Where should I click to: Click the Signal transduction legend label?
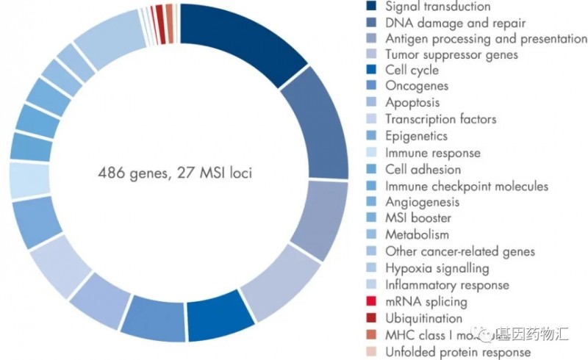[437, 7]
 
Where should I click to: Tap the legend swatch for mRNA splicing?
[371, 302]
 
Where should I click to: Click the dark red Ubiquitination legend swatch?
[371, 319]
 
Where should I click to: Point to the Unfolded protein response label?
[458, 352]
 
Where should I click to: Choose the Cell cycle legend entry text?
[412, 71]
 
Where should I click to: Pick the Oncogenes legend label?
[417, 86]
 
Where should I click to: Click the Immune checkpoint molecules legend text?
[467, 186]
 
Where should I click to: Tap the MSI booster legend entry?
[418, 218]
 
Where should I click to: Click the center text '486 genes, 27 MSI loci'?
[180, 173]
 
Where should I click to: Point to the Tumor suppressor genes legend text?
[451, 54]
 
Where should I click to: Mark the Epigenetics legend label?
[416, 136]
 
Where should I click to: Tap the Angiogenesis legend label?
[423, 201]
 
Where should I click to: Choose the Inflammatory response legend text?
[447, 284]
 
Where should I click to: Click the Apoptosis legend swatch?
[371, 103]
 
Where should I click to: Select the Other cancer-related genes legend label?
[460, 252]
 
